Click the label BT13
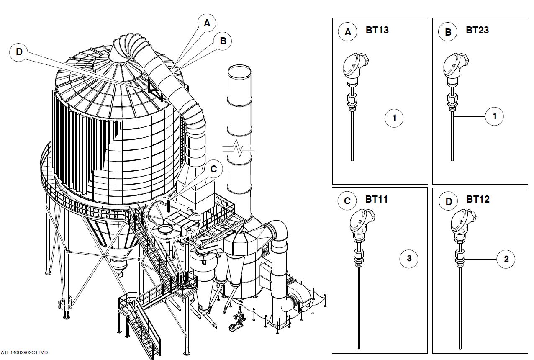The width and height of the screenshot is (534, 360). coord(377,30)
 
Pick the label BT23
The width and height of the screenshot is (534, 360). coord(477,30)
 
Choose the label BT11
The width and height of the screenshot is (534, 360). coord(377,199)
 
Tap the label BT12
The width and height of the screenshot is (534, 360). coord(478,199)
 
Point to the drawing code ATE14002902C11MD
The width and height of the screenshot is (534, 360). coord(24,352)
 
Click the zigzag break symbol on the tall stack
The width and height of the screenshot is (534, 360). coord(239,148)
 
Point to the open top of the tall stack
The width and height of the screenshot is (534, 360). coord(239,71)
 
